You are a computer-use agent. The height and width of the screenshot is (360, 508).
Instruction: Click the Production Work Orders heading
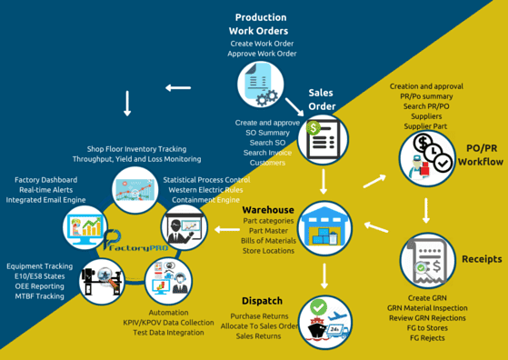point(261,25)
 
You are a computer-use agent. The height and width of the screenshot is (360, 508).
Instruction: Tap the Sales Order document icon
point(324,141)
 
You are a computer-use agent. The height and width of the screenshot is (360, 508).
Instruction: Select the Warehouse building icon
point(324,226)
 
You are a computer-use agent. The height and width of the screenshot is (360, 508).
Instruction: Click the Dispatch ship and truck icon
point(324,320)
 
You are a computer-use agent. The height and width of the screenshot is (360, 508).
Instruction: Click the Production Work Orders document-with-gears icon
point(262,85)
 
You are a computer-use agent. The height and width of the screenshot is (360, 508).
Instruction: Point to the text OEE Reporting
point(38,285)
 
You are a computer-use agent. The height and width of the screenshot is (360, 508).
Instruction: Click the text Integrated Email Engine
point(45,200)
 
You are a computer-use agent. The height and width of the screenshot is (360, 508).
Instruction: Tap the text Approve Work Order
point(262,55)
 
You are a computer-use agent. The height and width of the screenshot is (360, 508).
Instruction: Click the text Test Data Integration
point(167,333)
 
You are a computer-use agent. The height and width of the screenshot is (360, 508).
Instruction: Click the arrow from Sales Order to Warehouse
point(324,181)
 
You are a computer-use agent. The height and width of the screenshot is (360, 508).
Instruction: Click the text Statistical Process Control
point(206,180)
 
